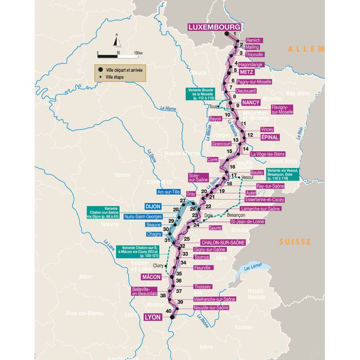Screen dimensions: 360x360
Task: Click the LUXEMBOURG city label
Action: click(x=214, y=27)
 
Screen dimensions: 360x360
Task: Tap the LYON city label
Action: click(x=153, y=317)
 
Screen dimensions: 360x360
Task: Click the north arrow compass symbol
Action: click(x=117, y=41)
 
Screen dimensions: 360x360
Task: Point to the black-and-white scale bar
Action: click(x=118, y=56)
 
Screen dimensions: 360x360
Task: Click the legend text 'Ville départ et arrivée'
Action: click(x=124, y=70)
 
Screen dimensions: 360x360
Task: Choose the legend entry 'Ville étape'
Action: click(x=115, y=77)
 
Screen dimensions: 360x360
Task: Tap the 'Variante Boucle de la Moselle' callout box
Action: click(x=199, y=94)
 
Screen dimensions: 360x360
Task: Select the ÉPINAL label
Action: click(x=270, y=137)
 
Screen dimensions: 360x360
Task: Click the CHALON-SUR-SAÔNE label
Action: click(x=223, y=242)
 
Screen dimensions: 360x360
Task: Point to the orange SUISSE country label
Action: click(x=295, y=242)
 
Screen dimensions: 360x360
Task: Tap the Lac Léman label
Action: click(x=253, y=269)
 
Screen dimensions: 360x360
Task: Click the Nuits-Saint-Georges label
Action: click(x=143, y=216)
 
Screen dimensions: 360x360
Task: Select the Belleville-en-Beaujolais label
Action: click(x=144, y=291)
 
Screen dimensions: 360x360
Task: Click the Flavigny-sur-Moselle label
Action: click(x=282, y=109)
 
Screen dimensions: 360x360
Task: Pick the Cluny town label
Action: click(x=158, y=265)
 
